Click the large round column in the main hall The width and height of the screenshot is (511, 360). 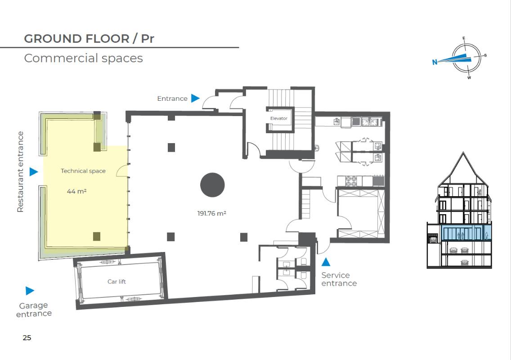point(212,185)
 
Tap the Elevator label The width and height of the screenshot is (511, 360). point(278,118)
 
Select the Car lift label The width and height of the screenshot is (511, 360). point(117,281)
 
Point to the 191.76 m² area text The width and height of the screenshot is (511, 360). point(211,213)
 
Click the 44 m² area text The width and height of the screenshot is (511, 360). point(76,191)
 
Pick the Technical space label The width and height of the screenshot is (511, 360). point(83,171)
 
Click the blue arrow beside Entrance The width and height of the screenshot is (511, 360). point(195,98)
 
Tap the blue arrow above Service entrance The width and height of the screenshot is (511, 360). point(326,261)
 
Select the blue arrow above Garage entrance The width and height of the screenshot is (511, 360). point(30,291)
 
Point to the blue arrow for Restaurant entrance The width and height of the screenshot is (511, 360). point(34,171)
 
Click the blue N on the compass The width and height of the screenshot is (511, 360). point(435,62)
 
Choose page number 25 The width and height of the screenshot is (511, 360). point(27,338)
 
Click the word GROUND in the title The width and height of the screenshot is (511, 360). point(53,39)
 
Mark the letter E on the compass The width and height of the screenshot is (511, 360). point(464,39)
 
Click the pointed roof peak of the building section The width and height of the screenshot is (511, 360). point(463,152)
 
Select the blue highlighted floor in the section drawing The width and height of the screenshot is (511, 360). point(466,233)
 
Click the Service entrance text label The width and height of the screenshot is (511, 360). point(339,279)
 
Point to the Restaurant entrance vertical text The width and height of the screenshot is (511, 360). point(20,172)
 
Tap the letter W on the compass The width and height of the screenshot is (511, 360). point(469,77)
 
